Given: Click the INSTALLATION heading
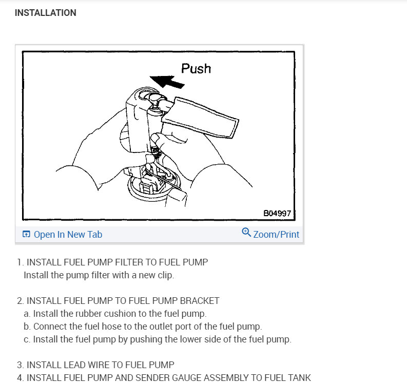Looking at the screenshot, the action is click(x=46, y=13).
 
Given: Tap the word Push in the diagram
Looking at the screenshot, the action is click(x=196, y=69).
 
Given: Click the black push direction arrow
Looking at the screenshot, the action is click(x=167, y=82).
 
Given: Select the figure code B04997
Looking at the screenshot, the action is click(x=277, y=213).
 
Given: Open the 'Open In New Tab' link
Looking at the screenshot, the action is click(x=68, y=235).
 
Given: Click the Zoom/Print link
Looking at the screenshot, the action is click(x=276, y=235).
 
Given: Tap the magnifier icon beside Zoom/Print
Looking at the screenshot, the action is click(x=246, y=232).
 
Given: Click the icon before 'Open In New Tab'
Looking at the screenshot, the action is click(x=26, y=234).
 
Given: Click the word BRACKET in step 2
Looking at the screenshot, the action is click(x=200, y=301).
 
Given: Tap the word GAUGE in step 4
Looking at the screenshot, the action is click(x=222, y=377).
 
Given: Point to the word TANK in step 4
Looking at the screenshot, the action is click(x=301, y=377).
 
